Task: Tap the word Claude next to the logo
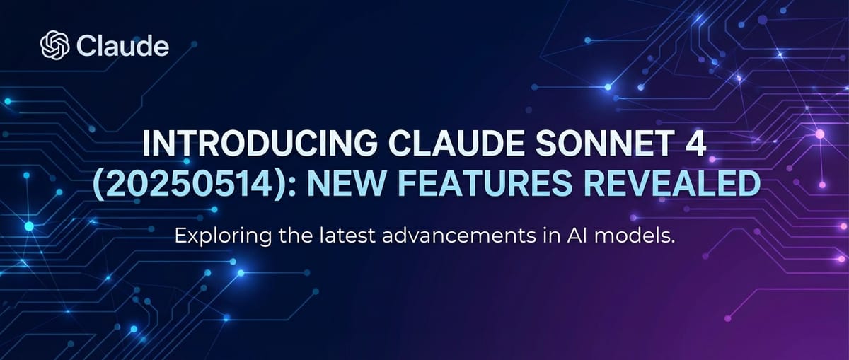point(122,47)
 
